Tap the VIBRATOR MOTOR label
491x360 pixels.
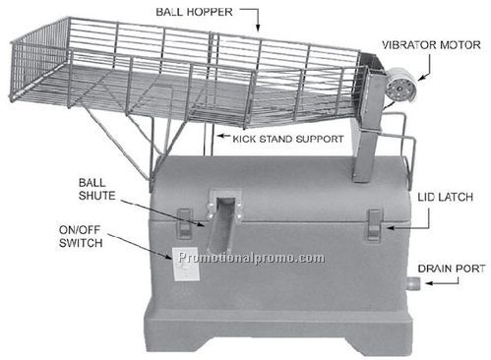(434, 44)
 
